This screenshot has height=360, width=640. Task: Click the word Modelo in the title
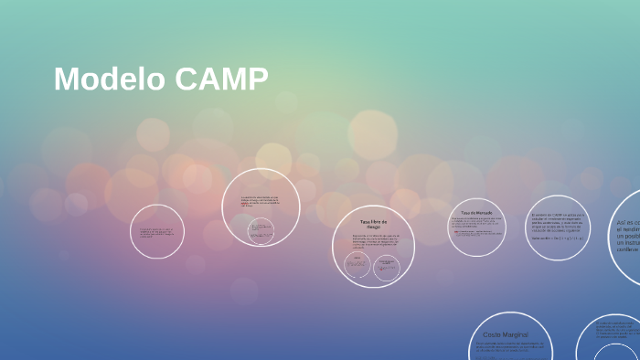click(109, 79)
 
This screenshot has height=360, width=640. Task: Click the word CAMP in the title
click(220, 79)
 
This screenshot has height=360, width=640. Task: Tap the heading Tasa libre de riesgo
click(373, 223)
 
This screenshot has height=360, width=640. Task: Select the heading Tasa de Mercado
click(476, 213)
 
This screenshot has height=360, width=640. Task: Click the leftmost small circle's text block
click(157, 232)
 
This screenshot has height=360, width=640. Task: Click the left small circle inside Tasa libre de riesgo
click(357, 265)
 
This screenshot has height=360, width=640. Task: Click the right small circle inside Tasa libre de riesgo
click(388, 266)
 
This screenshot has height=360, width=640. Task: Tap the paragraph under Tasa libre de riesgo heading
click(373, 241)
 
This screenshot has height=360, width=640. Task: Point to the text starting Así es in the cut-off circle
click(627, 235)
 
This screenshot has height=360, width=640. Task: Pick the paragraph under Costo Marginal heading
click(510, 347)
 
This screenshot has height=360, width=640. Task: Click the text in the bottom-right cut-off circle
click(613, 329)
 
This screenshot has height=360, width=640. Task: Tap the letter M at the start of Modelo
click(64, 79)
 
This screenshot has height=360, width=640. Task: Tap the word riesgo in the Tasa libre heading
click(373, 227)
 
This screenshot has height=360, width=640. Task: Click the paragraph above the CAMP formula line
click(557, 222)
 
